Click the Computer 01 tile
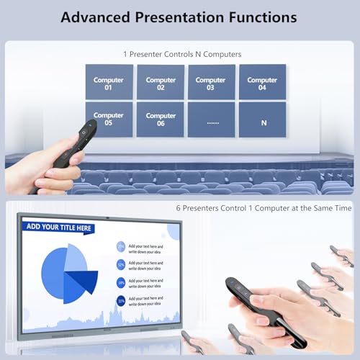click(x=109, y=82)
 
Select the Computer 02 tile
click(x=161, y=82)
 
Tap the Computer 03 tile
click(x=211, y=82)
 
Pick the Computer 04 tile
click(x=262, y=82)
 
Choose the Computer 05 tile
click(x=109, y=119)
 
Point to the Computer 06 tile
click(x=161, y=119)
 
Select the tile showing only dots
click(x=211, y=120)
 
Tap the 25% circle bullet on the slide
click(x=120, y=246)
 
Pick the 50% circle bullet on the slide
click(x=120, y=264)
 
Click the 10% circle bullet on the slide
click(x=120, y=300)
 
